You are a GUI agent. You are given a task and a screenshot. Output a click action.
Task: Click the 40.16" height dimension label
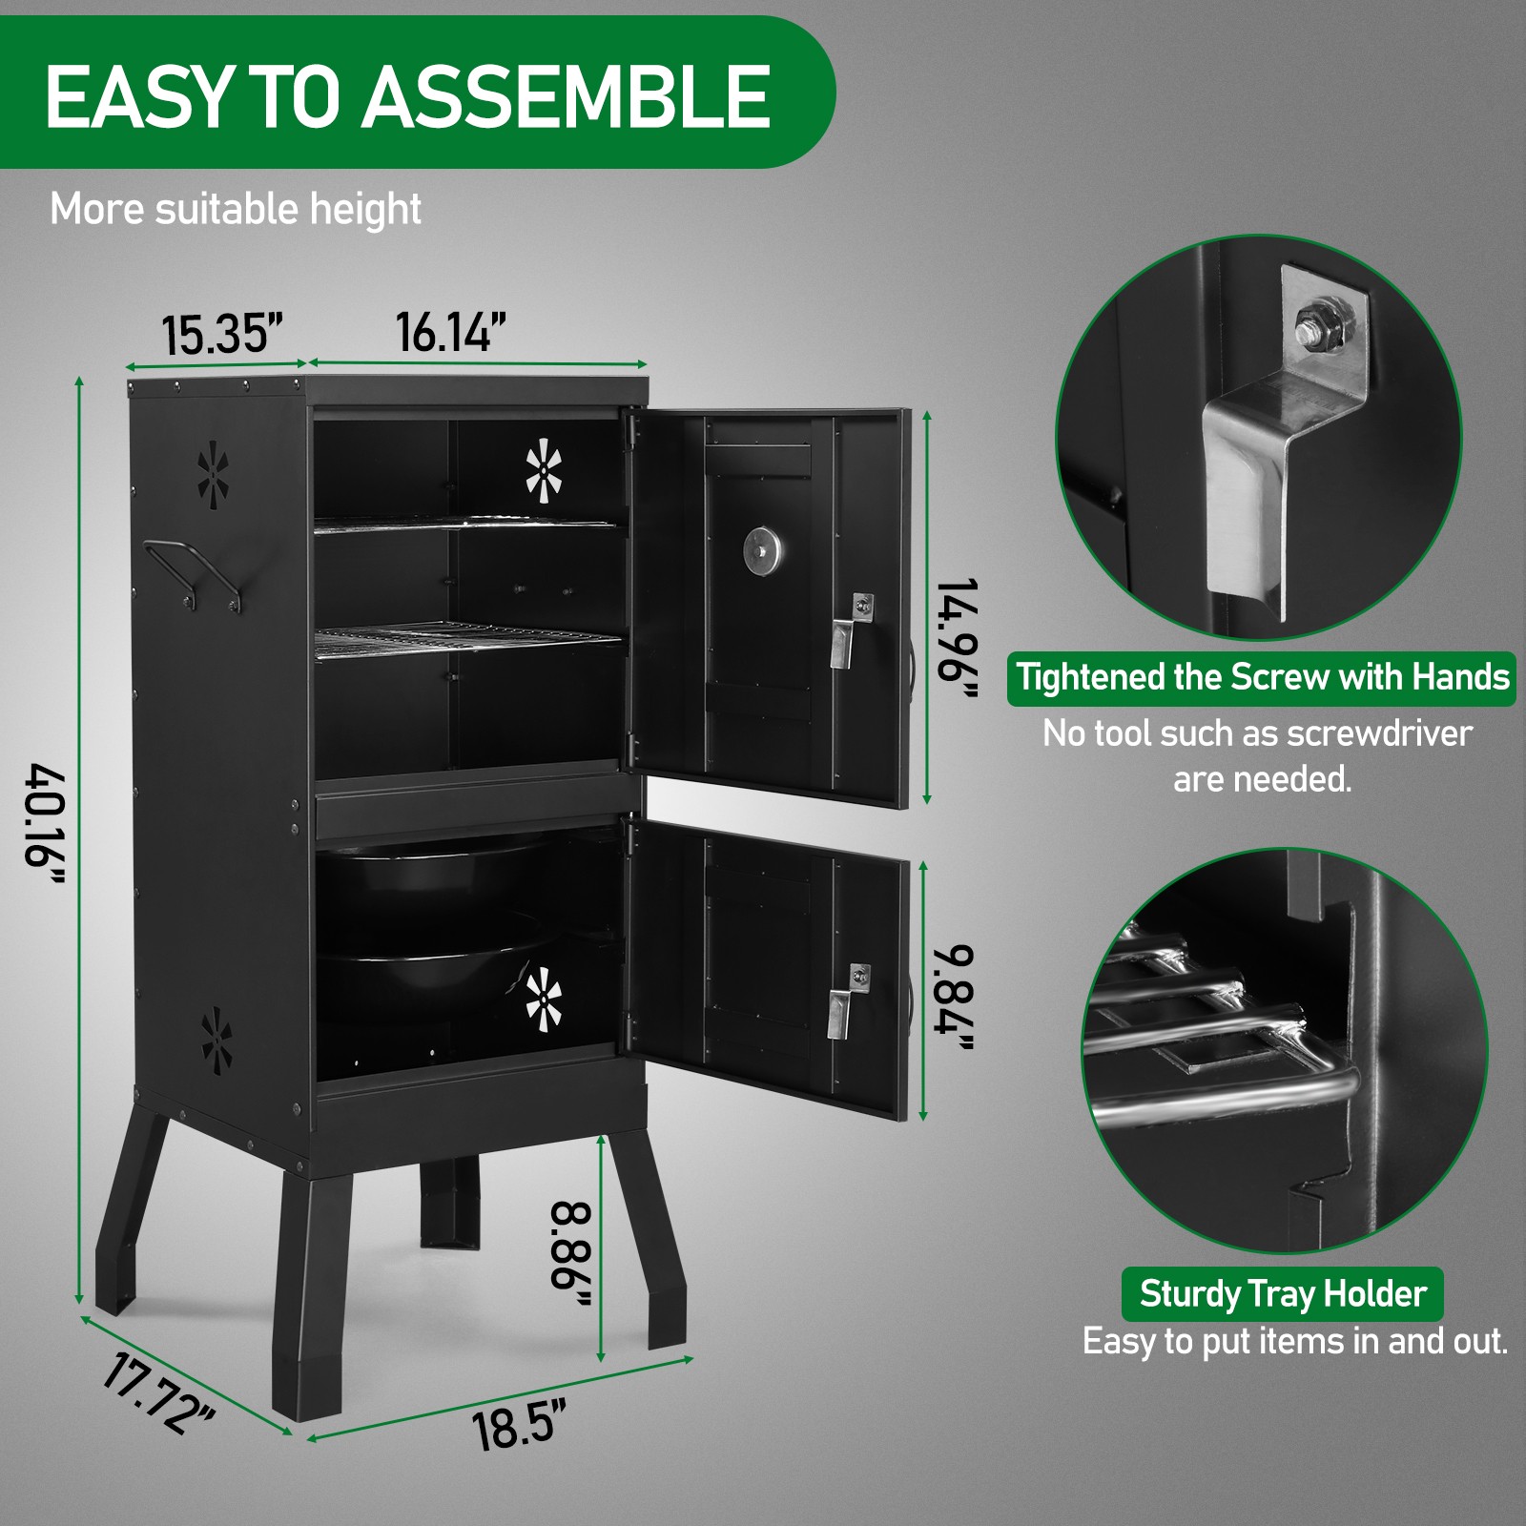tap(45, 826)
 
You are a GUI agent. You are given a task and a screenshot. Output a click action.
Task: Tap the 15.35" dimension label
tap(221, 335)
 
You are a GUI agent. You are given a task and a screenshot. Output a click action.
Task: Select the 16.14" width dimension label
tap(450, 332)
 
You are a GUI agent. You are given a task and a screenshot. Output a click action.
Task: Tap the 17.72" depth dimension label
tap(157, 1393)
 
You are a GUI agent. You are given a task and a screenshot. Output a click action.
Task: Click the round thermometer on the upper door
tap(762, 550)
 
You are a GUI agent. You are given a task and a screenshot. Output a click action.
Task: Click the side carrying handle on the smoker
tap(192, 572)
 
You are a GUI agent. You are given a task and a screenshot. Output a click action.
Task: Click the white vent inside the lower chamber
tap(544, 999)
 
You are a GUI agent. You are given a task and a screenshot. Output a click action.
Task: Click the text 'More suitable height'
tap(235, 209)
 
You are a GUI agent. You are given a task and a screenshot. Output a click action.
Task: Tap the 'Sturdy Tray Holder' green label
tap(1282, 1293)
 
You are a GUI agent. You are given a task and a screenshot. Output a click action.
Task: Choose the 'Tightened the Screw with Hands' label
tap(1262, 677)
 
